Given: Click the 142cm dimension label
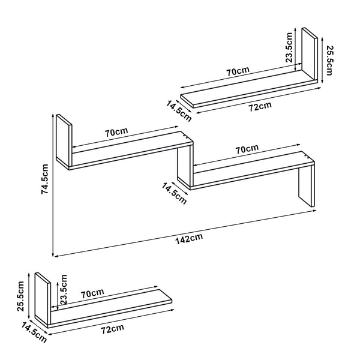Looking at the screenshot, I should click(x=189, y=238).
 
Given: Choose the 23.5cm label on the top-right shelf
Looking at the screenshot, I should click(x=289, y=48).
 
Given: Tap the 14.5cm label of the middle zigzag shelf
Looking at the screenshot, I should click(x=174, y=192).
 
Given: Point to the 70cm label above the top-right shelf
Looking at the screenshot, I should click(x=238, y=71).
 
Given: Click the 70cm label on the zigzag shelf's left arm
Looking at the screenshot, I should click(x=116, y=132).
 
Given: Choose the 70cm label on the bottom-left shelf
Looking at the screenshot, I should click(x=92, y=293).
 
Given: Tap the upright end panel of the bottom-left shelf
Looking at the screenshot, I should click(x=41, y=298).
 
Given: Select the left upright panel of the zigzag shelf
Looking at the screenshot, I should click(x=63, y=143).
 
